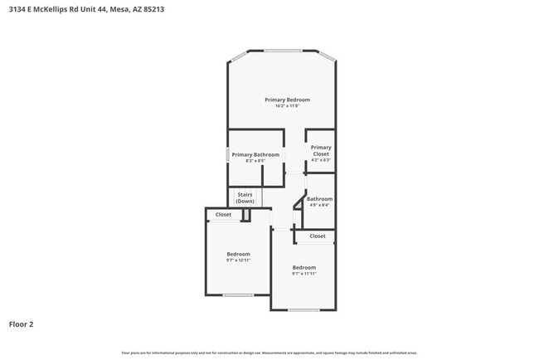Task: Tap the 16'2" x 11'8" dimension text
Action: (281, 105)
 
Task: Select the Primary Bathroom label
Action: (255, 155)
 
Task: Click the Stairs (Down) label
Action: (245, 198)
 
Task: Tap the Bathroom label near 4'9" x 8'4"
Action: (319, 199)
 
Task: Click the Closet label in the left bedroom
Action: (224, 215)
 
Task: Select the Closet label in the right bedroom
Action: (318, 236)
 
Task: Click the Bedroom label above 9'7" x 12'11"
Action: (238, 254)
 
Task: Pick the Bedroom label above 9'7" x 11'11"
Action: (304, 267)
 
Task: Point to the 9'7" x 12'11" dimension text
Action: (238, 260)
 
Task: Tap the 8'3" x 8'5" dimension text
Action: (255, 161)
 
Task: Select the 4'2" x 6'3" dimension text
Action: (321, 160)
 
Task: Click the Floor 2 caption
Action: (22, 324)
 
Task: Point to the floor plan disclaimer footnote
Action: (269, 353)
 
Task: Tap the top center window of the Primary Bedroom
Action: (282, 51)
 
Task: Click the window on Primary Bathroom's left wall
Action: (228, 155)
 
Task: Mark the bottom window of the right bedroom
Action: (304, 310)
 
